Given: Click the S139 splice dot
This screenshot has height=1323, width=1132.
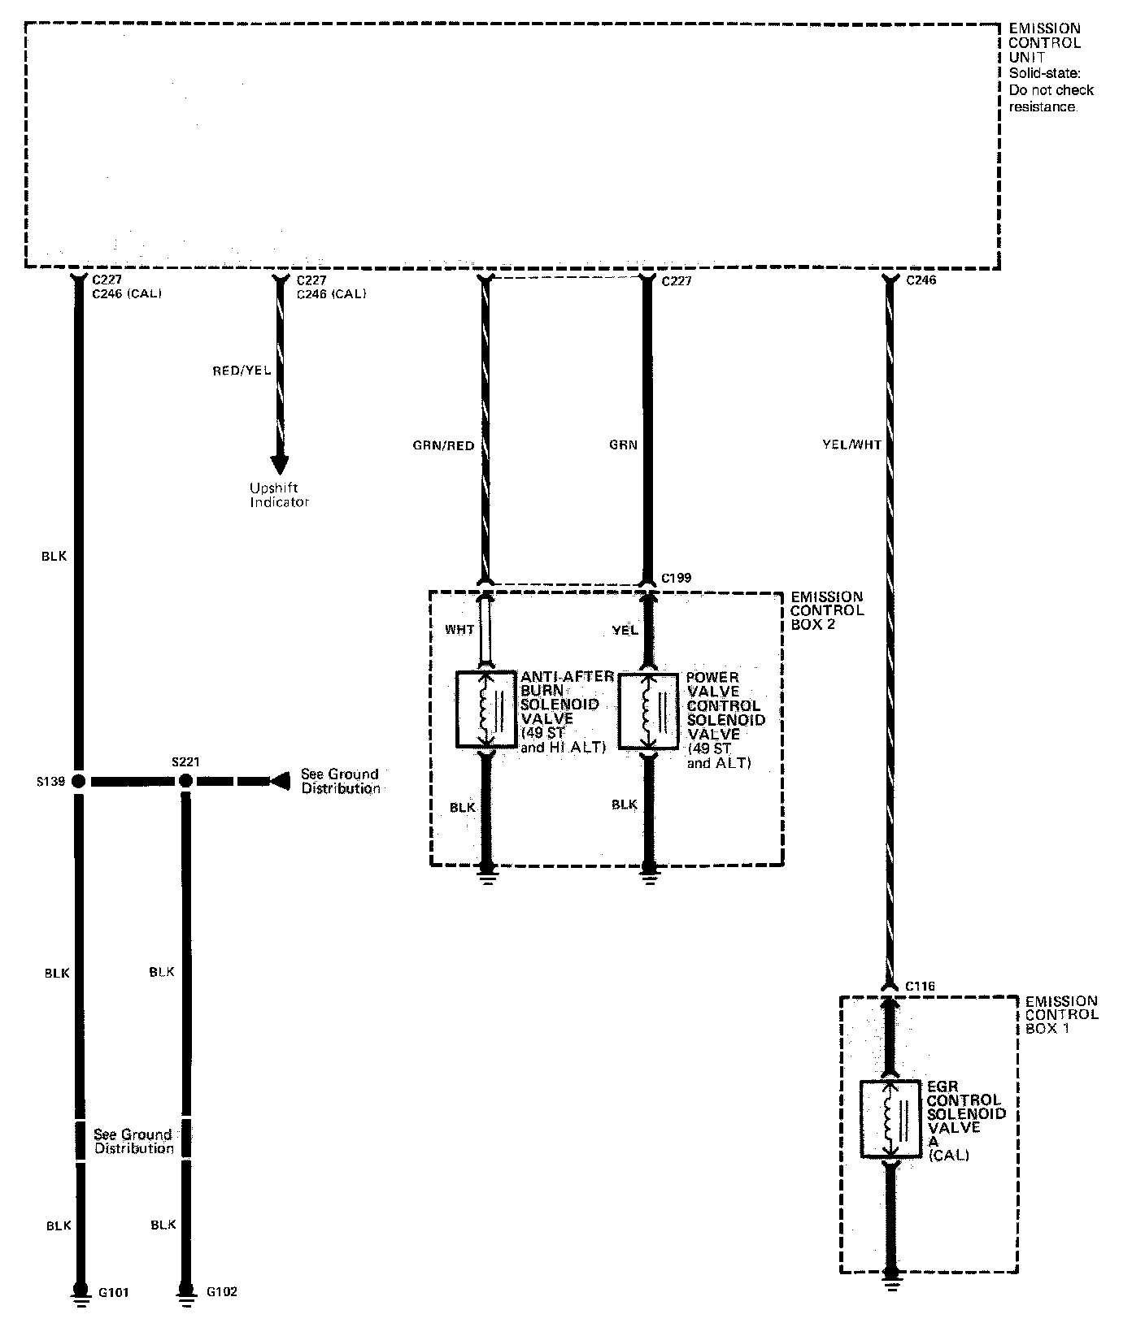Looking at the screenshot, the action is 79,781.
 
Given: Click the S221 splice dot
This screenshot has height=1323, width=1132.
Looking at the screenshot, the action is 185,781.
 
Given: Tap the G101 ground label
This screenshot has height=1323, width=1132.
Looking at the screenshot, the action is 113,1292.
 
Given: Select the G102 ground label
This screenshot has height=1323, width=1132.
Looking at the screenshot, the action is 221,1292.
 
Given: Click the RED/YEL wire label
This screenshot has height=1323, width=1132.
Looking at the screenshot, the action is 242,371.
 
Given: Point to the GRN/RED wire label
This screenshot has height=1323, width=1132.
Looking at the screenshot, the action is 442,445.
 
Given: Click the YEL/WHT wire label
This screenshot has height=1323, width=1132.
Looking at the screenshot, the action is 851,445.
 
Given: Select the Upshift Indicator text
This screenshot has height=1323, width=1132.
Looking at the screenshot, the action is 279,495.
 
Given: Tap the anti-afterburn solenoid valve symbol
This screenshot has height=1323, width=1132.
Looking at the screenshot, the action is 486,709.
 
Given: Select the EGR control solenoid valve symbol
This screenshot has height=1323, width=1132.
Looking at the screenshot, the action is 890,1118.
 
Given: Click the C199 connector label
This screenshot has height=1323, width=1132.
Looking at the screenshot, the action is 676,578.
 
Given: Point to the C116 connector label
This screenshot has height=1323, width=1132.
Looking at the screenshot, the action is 920,987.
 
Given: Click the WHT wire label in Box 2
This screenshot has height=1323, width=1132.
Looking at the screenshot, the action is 461,629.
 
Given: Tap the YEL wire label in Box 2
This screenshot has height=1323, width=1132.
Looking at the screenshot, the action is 625,630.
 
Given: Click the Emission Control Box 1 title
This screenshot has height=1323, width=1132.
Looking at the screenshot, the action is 1061,1015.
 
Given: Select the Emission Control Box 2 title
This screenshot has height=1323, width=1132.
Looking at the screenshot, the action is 827,610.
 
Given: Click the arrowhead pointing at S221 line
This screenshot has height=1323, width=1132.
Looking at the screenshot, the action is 281,781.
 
